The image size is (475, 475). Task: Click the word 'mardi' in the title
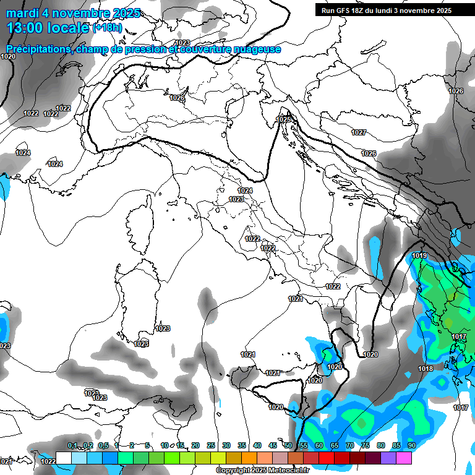[x=24, y=13]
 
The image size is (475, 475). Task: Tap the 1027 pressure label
[x=359, y=132]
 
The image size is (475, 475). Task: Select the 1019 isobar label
[x=419, y=255]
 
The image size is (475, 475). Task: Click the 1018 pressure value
[x=426, y=369]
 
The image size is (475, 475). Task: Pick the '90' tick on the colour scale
[x=411, y=445]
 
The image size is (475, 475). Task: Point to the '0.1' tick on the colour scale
[x=72, y=445]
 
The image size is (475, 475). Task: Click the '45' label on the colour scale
[x=273, y=445]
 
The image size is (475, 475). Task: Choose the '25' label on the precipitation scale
[x=211, y=445]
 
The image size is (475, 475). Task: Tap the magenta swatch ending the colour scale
[x=404, y=458]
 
